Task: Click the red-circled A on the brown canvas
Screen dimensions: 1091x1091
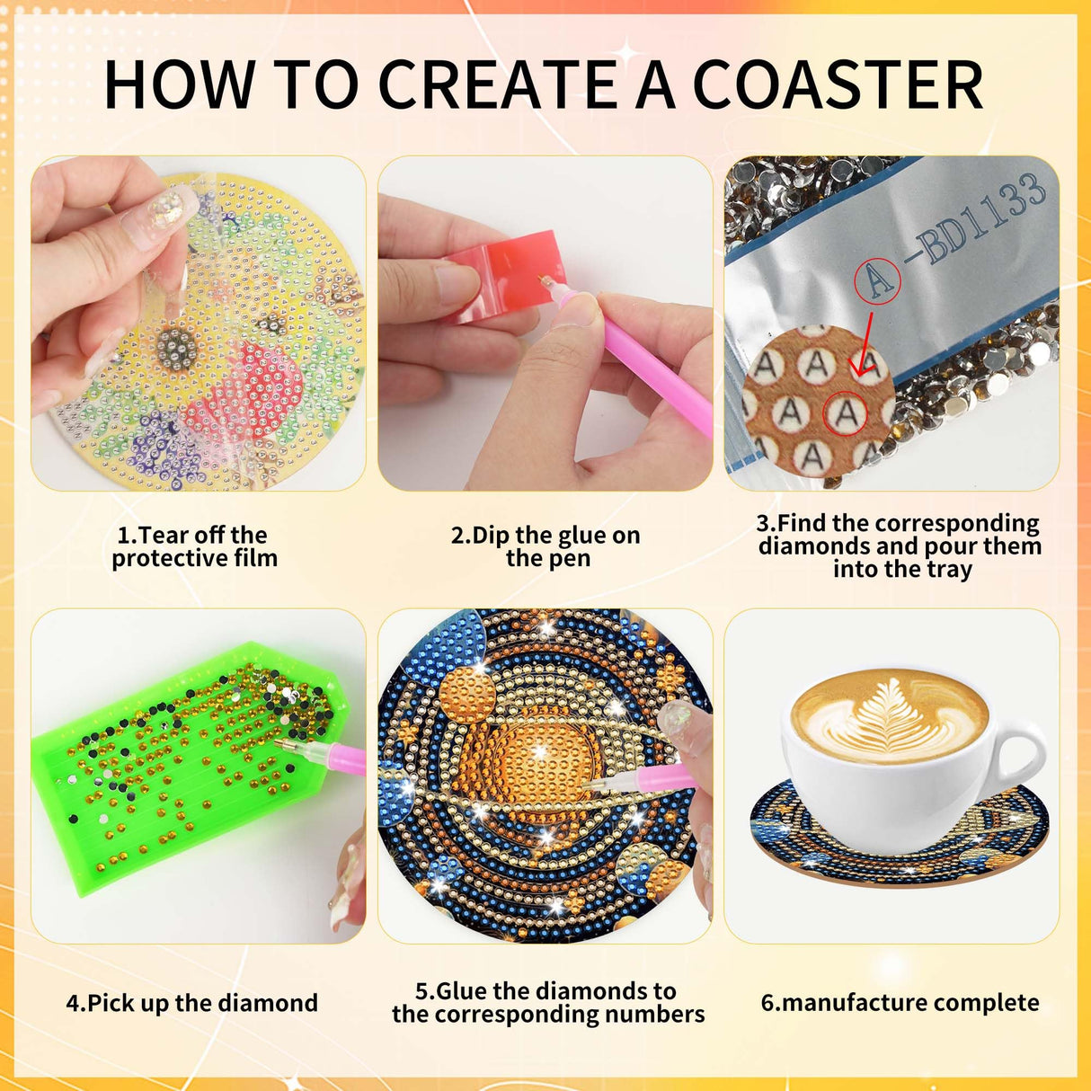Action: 847,414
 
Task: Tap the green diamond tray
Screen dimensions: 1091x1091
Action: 180,773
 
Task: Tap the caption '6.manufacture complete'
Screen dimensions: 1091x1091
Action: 900,1003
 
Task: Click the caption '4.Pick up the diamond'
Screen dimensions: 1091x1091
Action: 191,1003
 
